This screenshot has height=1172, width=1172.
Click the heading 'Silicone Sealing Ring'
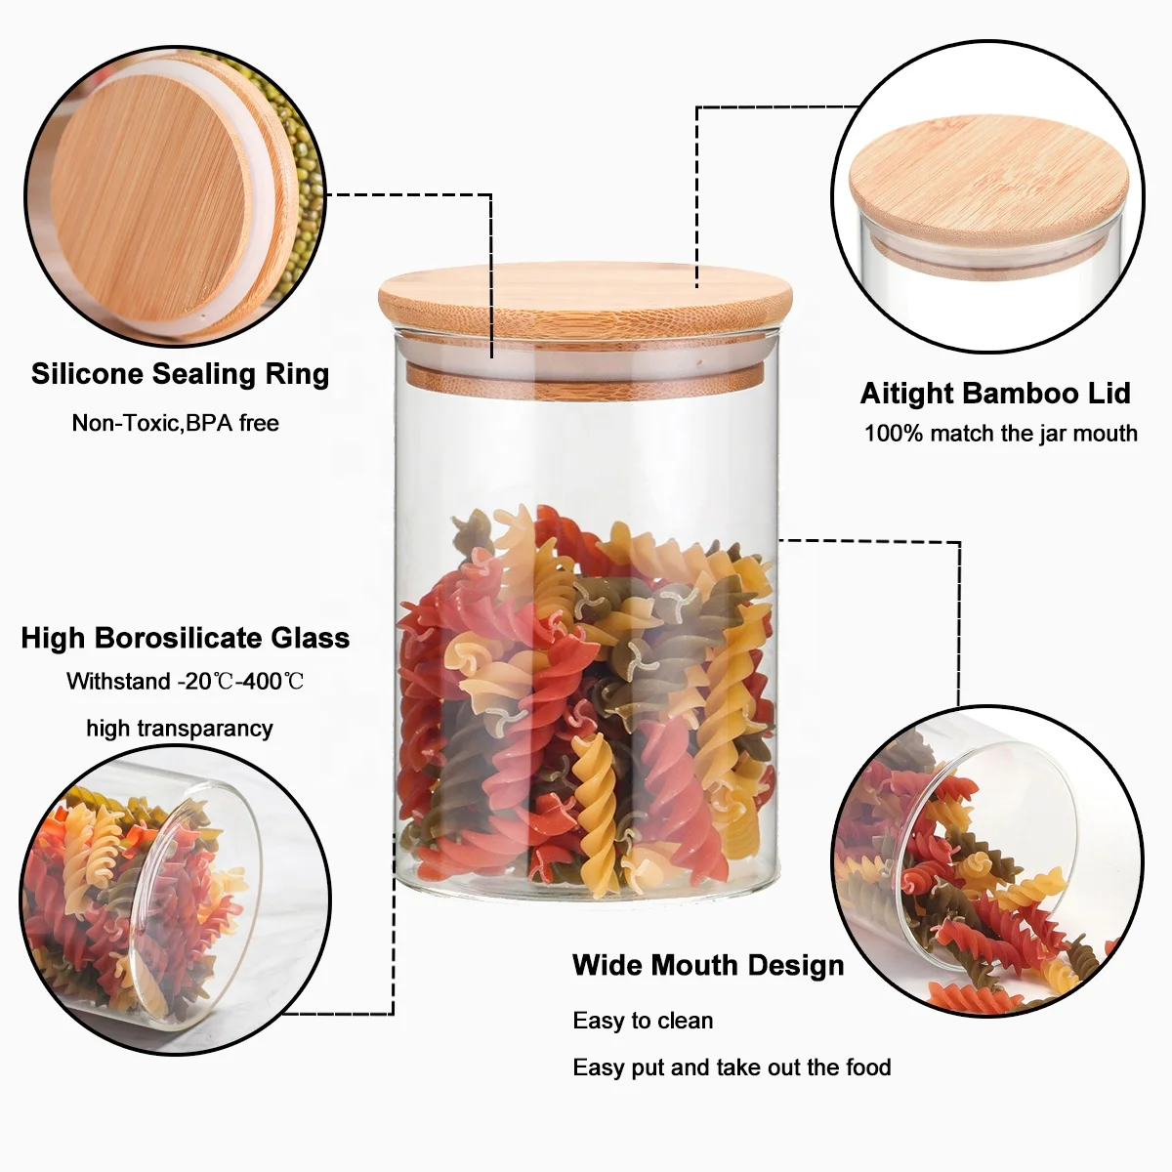click(180, 374)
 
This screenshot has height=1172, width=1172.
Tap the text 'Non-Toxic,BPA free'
click(176, 423)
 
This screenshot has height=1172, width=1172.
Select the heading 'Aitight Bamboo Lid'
click(994, 394)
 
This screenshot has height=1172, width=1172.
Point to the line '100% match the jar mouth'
click(1000, 434)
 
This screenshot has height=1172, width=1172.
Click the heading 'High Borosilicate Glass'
click(186, 638)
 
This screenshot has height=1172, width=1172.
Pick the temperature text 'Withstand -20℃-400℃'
click(186, 682)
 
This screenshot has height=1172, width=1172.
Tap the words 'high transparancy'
click(180, 728)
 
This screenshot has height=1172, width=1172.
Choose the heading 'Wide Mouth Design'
click(708, 965)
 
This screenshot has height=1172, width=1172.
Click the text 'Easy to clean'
click(643, 1021)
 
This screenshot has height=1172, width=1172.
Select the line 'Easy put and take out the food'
click(732, 1067)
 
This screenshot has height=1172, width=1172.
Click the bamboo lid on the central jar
click(586, 303)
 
